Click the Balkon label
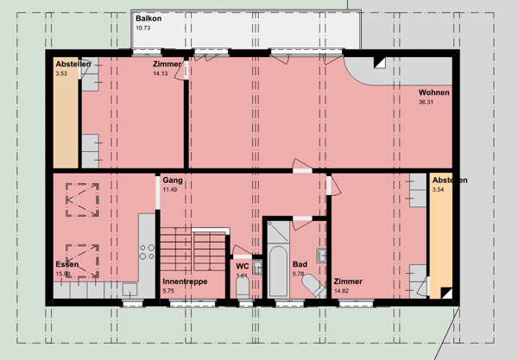coord(148,18)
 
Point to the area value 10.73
coord(143,28)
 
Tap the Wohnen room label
coord(433,92)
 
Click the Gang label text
coord(172,180)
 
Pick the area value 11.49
coord(170,189)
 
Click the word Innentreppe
coord(184,281)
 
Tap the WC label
coord(243,266)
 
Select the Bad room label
coord(300,264)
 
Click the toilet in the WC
coord(243,287)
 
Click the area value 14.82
coord(348,291)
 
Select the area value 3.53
coord(61,74)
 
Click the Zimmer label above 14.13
coord(167,65)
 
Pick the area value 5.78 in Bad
coord(299,274)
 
